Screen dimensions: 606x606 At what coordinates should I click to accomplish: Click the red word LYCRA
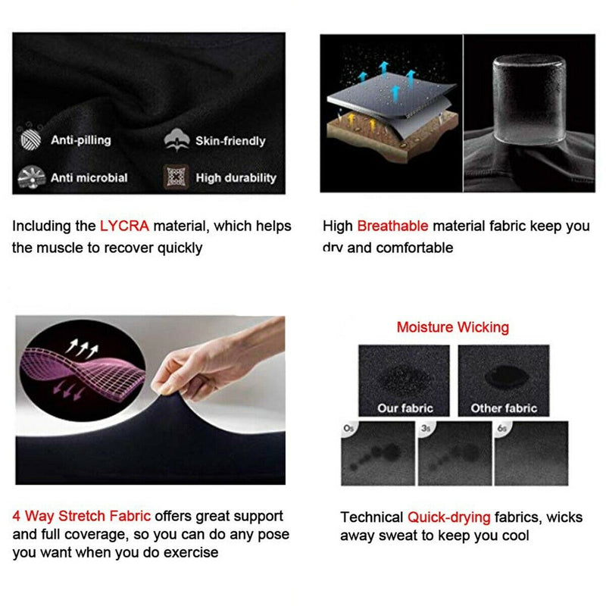pyautogui.click(x=124, y=226)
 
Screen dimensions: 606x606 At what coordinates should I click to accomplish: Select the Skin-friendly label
pyautogui.click(x=230, y=141)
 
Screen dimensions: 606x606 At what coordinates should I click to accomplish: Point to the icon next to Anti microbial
pyautogui.click(x=31, y=177)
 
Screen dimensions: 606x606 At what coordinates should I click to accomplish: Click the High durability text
pyautogui.click(x=236, y=178)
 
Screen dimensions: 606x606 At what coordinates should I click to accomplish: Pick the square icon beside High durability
pyautogui.click(x=176, y=177)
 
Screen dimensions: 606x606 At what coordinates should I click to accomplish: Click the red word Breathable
pyautogui.click(x=392, y=226)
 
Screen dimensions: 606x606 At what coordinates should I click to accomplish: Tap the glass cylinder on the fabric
pyautogui.click(x=529, y=99)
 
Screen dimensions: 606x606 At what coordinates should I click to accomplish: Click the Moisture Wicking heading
pyautogui.click(x=452, y=327)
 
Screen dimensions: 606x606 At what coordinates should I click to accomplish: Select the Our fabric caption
pyautogui.click(x=405, y=408)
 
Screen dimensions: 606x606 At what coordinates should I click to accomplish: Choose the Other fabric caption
pyautogui.click(x=504, y=408)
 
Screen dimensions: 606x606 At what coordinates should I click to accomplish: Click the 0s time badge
pyautogui.click(x=348, y=428)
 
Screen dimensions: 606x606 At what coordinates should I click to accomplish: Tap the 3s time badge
pyautogui.click(x=426, y=428)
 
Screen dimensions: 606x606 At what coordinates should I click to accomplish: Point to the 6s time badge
pyautogui.click(x=502, y=428)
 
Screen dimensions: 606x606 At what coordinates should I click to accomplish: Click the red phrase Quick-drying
pyautogui.click(x=449, y=517)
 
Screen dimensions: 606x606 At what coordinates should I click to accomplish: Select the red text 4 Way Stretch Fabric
pyautogui.click(x=82, y=516)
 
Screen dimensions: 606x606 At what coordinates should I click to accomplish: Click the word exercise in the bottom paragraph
pyautogui.click(x=191, y=553)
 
